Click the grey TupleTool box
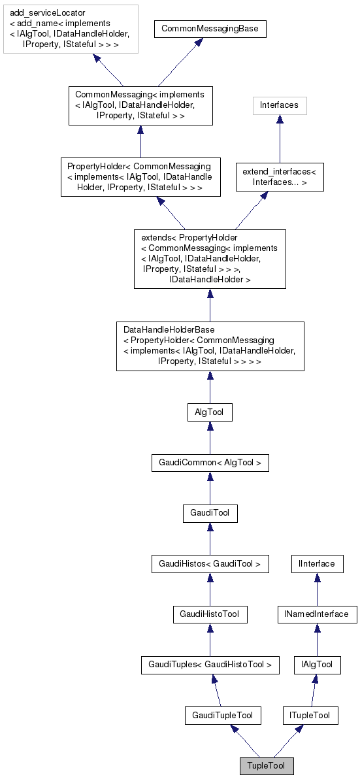266,765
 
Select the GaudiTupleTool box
223,716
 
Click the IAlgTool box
317,665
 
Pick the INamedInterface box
317,614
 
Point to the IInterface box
317,563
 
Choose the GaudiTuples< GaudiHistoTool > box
210,665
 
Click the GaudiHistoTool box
210,614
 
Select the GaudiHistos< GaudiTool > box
210,563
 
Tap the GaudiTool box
210,514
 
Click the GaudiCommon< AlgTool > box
210,463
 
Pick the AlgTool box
210,412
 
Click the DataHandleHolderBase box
210,346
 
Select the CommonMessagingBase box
210,29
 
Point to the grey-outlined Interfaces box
280,105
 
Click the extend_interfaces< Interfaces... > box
280,176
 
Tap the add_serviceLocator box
70,29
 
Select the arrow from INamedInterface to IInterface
317,589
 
